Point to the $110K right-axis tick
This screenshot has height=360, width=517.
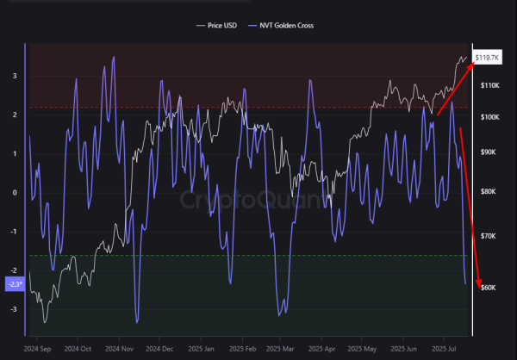click(489, 86)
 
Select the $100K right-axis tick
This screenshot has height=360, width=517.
click(489, 116)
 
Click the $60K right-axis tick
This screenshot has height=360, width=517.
click(488, 287)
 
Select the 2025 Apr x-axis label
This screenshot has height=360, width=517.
click(325, 349)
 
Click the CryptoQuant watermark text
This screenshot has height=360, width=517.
click(243, 201)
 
